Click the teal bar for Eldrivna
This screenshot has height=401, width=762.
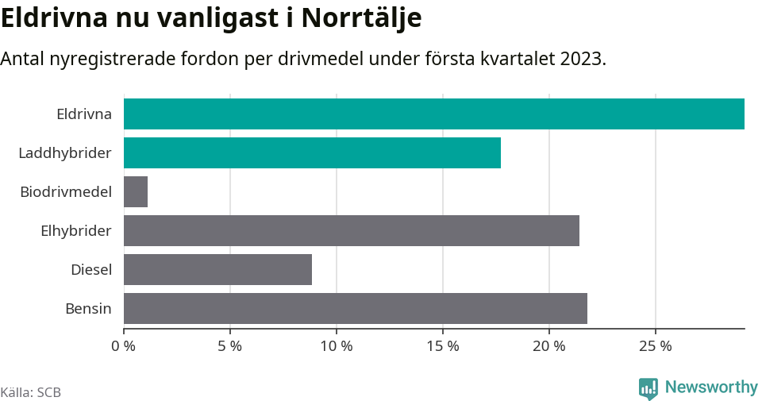tap(434, 114)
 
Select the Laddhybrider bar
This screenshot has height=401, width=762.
tap(312, 152)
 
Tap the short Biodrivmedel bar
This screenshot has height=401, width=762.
tap(136, 191)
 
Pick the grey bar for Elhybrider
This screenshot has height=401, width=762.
tap(352, 230)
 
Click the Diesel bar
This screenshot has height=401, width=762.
tap(217, 269)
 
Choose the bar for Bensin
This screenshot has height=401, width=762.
tap(356, 308)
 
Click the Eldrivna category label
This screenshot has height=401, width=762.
tap(84, 114)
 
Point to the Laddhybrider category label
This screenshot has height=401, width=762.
tap(65, 152)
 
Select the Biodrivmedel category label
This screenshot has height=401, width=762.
tap(66, 191)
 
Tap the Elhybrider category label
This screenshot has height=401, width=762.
tap(76, 230)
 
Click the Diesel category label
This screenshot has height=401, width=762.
tap(91, 269)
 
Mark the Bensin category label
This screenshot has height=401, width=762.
tap(88, 308)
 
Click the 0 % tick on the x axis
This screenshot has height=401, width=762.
tap(124, 346)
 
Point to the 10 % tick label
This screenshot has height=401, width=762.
tap(337, 346)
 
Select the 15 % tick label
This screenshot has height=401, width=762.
tap(443, 346)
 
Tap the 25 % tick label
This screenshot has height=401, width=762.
tap(656, 346)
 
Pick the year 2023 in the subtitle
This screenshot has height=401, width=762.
tap(583, 60)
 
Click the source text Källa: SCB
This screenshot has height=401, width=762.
tap(31, 392)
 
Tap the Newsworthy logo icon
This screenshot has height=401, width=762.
tap(648, 388)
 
